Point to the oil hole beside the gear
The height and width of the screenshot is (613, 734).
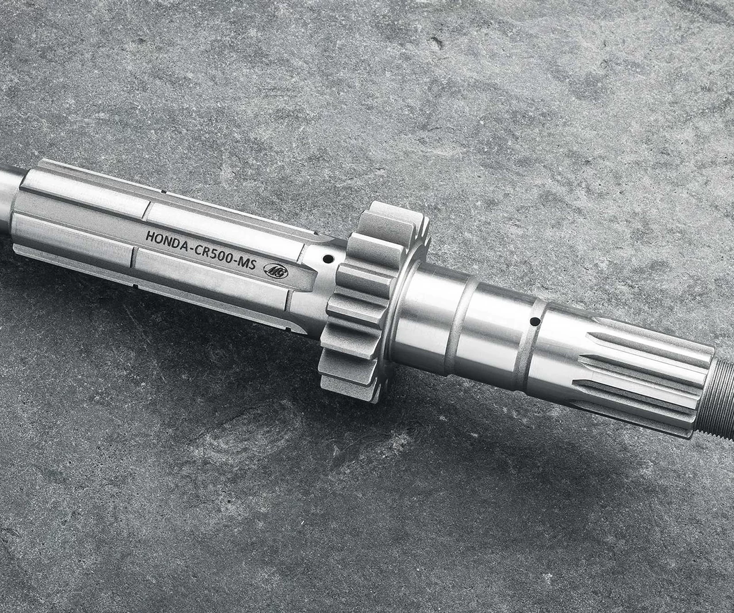(328, 258)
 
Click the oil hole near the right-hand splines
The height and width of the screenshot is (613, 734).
(535, 320)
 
